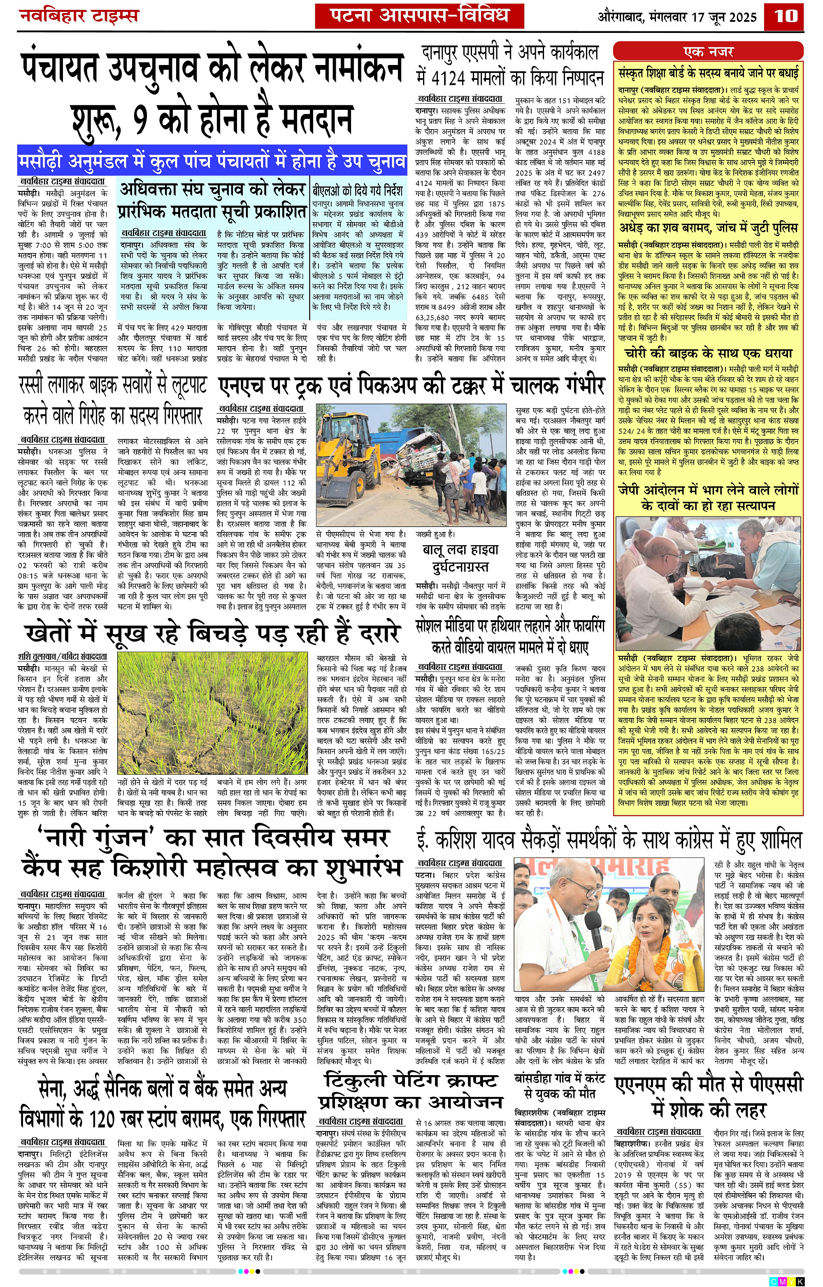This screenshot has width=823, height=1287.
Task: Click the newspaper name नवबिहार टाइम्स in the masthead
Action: coord(79,16)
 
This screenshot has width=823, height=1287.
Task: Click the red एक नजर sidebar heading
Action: coord(708,52)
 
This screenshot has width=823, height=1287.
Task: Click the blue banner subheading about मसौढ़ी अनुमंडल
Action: coord(212,161)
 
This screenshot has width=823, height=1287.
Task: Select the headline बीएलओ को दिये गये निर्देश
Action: coord(358,190)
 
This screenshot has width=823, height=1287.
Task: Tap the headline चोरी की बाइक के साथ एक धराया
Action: coord(708,354)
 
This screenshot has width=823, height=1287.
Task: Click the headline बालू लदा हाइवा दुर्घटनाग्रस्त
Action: coord(460,558)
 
